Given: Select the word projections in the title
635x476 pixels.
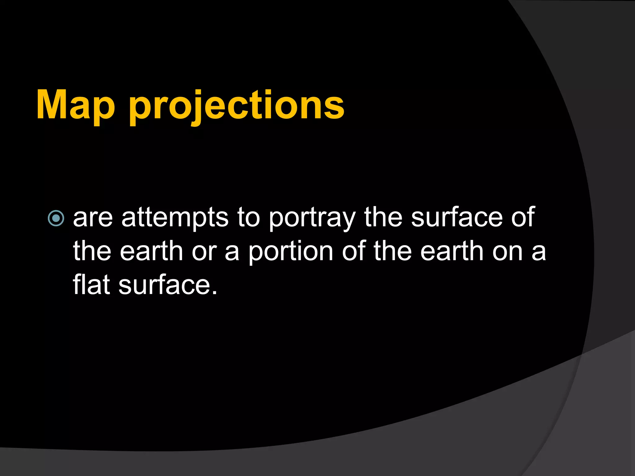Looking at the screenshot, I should (x=237, y=107).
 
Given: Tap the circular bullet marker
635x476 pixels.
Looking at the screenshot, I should (x=56, y=218).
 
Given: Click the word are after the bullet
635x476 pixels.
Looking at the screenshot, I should (x=93, y=218).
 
